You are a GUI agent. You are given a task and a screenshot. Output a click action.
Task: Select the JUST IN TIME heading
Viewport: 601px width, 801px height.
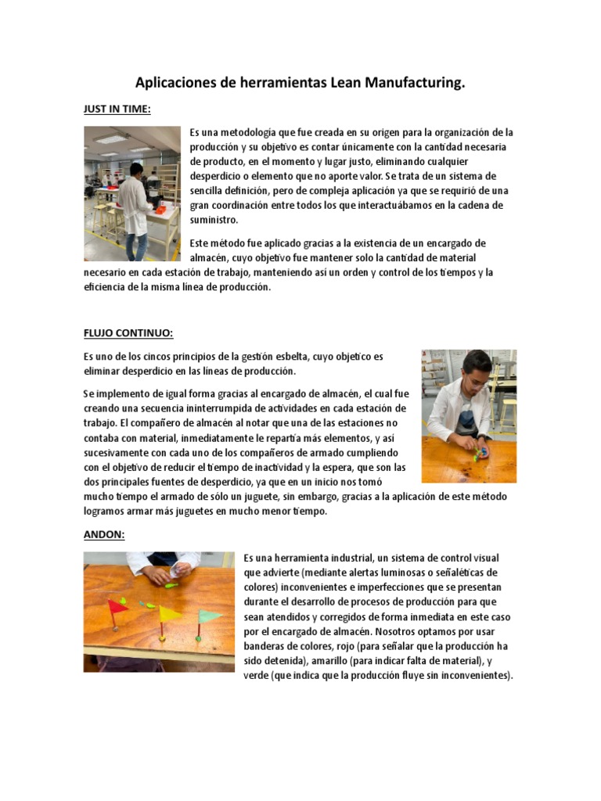point(117,110)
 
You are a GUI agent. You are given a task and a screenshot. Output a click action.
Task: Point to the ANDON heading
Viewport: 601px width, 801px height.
point(104,534)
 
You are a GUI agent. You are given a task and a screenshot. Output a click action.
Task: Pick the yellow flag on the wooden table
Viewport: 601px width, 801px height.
point(169,612)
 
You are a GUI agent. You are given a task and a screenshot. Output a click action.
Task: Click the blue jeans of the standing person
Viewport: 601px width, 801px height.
point(136,246)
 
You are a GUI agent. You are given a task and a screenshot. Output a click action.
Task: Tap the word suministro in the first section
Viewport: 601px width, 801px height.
point(214,220)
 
